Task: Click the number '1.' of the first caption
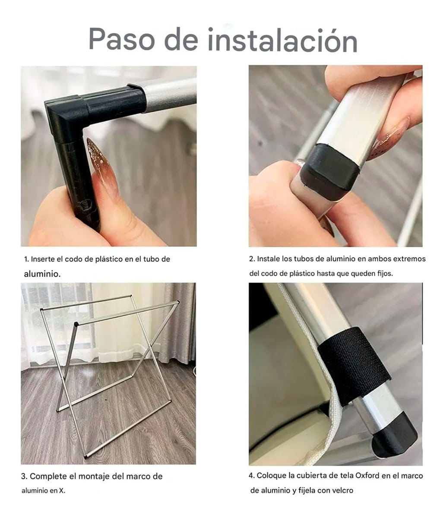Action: click(27, 259)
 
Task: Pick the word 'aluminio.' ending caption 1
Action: click(42, 274)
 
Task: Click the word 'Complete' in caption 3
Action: click(47, 477)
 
